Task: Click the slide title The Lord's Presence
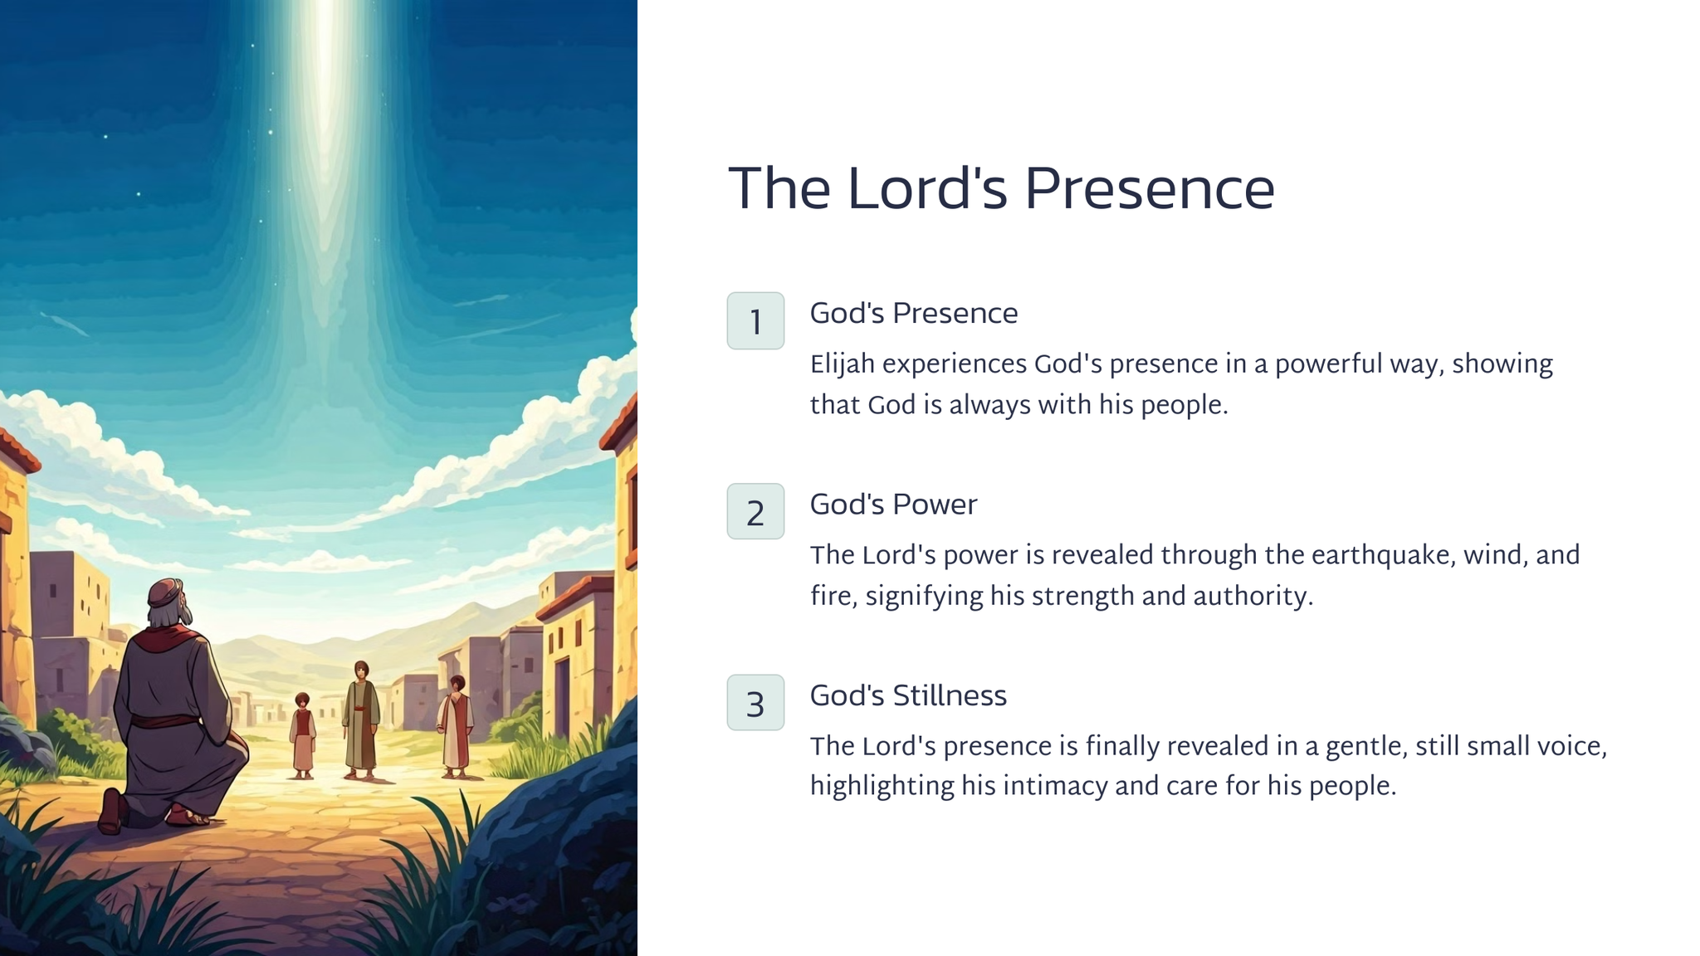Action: (1001, 188)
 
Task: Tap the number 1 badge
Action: (755, 320)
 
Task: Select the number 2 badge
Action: (755, 511)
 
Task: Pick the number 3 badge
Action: (755, 702)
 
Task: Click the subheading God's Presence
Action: (914, 314)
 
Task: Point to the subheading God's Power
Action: (894, 505)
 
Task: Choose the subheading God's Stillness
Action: (908, 695)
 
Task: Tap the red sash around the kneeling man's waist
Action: (164, 721)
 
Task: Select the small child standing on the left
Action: (302, 735)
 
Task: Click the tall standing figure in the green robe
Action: (361, 719)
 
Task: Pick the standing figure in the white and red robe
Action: (456, 726)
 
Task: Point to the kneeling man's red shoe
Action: (110, 811)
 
